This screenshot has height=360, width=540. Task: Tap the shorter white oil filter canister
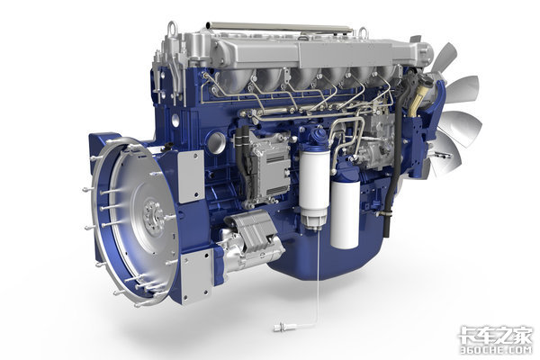click(x=345, y=214)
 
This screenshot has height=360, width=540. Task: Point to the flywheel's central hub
click(x=154, y=214)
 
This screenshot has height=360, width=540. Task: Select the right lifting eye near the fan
click(x=364, y=33)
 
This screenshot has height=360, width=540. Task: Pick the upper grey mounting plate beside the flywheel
click(x=191, y=176)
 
